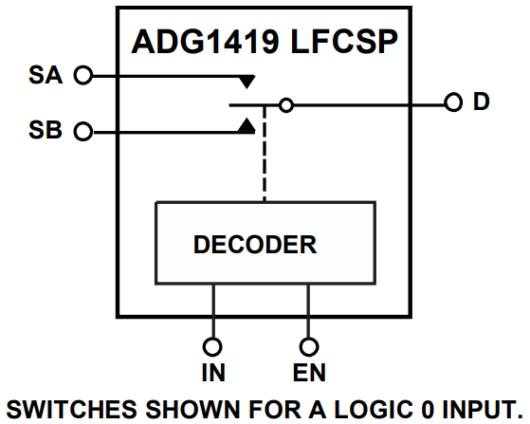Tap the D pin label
click(482, 102)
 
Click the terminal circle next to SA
click(82, 75)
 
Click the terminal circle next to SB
click(82, 132)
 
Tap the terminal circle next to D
click(452, 103)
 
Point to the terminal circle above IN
click(213, 346)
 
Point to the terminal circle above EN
click(308, 346)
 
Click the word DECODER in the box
click(255, 245)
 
